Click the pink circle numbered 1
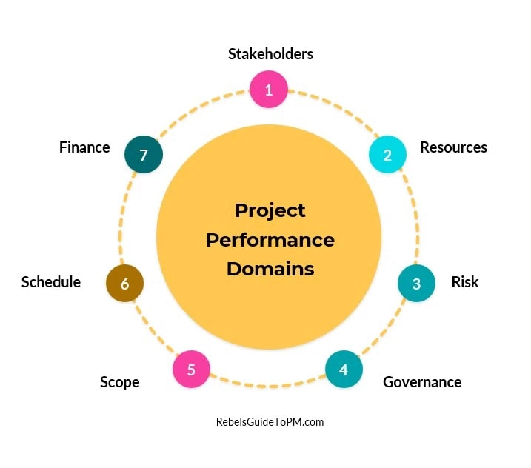tap(268, 90)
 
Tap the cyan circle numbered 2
tap(387, 155)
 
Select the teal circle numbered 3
tap(416, 283)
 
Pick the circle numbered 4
tap(344, 369)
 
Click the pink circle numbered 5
tap(191, 369)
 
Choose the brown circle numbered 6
tap(124, 284)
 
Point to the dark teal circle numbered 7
tap(144, 155)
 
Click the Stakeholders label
tap(270, 54)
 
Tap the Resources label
tap(453, 147)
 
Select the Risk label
tap(465, 282)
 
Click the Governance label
tap(422, 382)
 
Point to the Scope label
tap(120, 382)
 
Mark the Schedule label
tap(51, 282)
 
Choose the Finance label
tap(84, 147)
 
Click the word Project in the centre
tap(270, 210)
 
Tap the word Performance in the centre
tap(270, 240)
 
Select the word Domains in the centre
tap(270, 269)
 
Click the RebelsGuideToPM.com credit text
tap(270, 422)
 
